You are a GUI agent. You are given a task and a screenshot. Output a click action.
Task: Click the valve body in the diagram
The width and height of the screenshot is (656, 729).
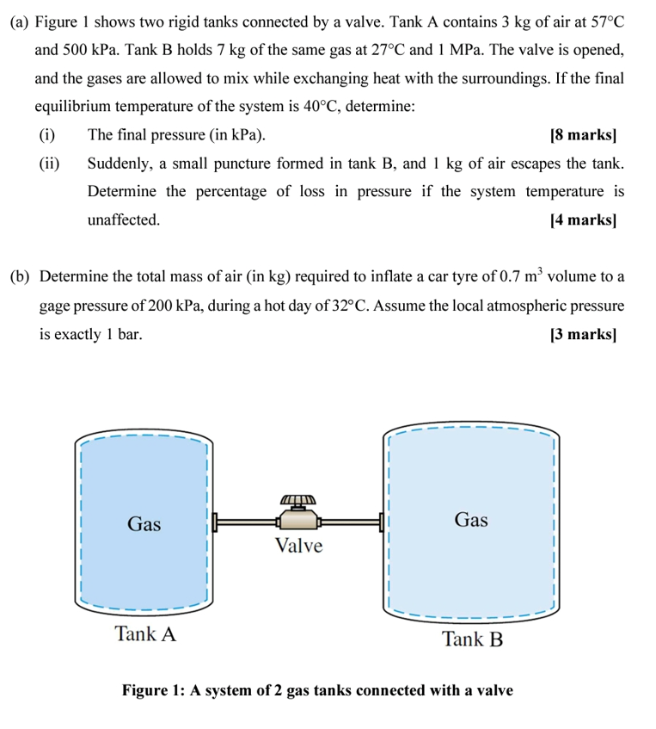297,517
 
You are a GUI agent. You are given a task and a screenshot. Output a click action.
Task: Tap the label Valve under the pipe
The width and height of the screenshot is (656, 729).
298,546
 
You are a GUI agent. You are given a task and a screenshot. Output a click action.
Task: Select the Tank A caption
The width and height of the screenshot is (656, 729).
145,634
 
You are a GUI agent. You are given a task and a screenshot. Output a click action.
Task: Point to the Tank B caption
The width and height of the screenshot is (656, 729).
471,639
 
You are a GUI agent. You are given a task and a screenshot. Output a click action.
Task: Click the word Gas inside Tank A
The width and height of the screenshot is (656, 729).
144,524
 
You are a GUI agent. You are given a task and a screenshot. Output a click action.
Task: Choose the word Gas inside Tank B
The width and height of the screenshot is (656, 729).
470,519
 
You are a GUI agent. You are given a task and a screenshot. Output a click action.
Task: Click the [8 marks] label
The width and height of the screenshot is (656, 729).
583,135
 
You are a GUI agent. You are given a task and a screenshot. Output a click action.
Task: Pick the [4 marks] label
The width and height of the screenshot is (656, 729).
583,219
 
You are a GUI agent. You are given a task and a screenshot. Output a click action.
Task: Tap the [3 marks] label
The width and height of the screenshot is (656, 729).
583,333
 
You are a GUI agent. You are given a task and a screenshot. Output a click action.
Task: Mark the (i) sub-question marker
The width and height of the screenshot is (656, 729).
46,135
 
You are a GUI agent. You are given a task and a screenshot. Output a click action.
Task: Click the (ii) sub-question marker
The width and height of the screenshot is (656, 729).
49,164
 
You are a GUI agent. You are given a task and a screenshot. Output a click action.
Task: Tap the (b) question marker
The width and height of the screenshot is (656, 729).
21,277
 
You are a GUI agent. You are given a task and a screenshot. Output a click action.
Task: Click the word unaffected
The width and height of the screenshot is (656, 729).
123,219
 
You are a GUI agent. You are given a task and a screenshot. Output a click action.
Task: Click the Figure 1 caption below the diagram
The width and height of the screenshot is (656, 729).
317,690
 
